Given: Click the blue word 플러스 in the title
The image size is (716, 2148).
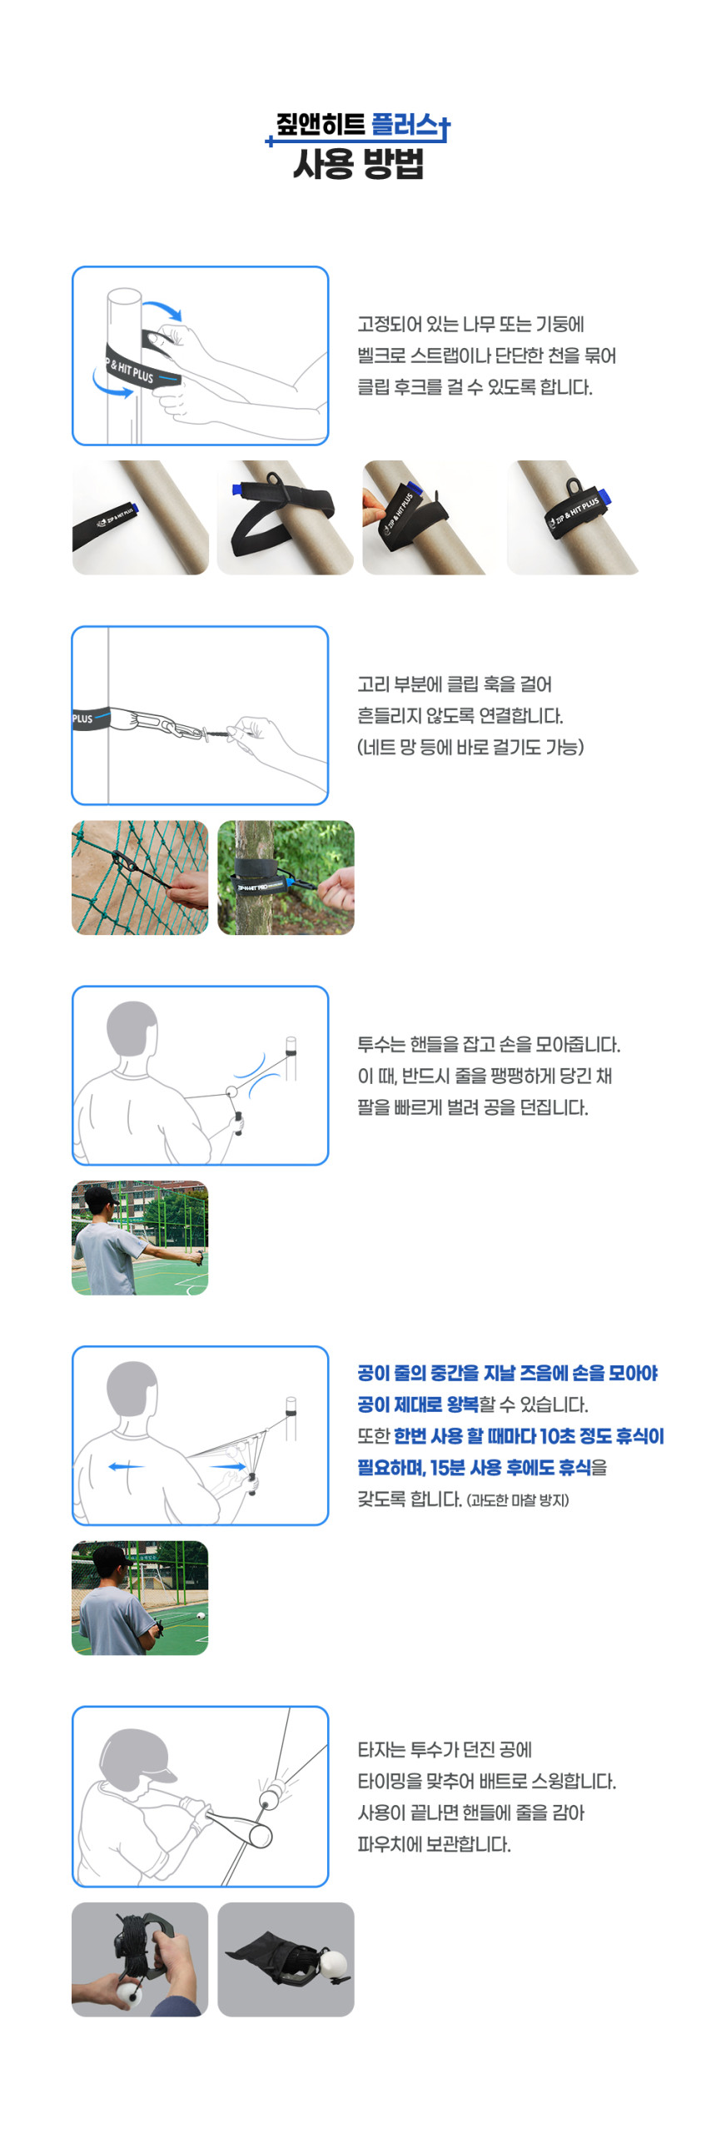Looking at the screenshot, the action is click(x=405, y=125).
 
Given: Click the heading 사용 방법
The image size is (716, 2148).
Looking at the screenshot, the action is click(x=359, y=163).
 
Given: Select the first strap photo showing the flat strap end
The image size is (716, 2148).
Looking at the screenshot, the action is click(x=140, y=517).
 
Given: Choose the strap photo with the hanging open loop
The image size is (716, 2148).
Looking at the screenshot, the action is click(x=285, y=517).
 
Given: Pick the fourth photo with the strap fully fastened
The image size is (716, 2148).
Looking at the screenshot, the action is click(x=574, y=517).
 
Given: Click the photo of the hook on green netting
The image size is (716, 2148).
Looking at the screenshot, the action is click(x=140, y=878).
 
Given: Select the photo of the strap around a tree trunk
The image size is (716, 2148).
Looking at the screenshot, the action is click(x=285, y=878).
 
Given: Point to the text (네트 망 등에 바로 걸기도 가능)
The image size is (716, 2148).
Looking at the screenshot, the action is click(x=470, y=747).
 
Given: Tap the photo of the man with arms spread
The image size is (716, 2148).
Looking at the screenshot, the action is click(x=140, y=1237).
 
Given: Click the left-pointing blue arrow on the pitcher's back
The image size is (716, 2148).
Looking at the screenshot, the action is click(x=126, y=1467).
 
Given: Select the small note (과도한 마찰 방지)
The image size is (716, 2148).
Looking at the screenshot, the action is click(x=518, y=1500).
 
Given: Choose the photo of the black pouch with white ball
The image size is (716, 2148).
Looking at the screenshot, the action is click(x=285, y=1959).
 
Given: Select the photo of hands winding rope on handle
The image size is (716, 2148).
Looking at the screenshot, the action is click(x=140, y=1959).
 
